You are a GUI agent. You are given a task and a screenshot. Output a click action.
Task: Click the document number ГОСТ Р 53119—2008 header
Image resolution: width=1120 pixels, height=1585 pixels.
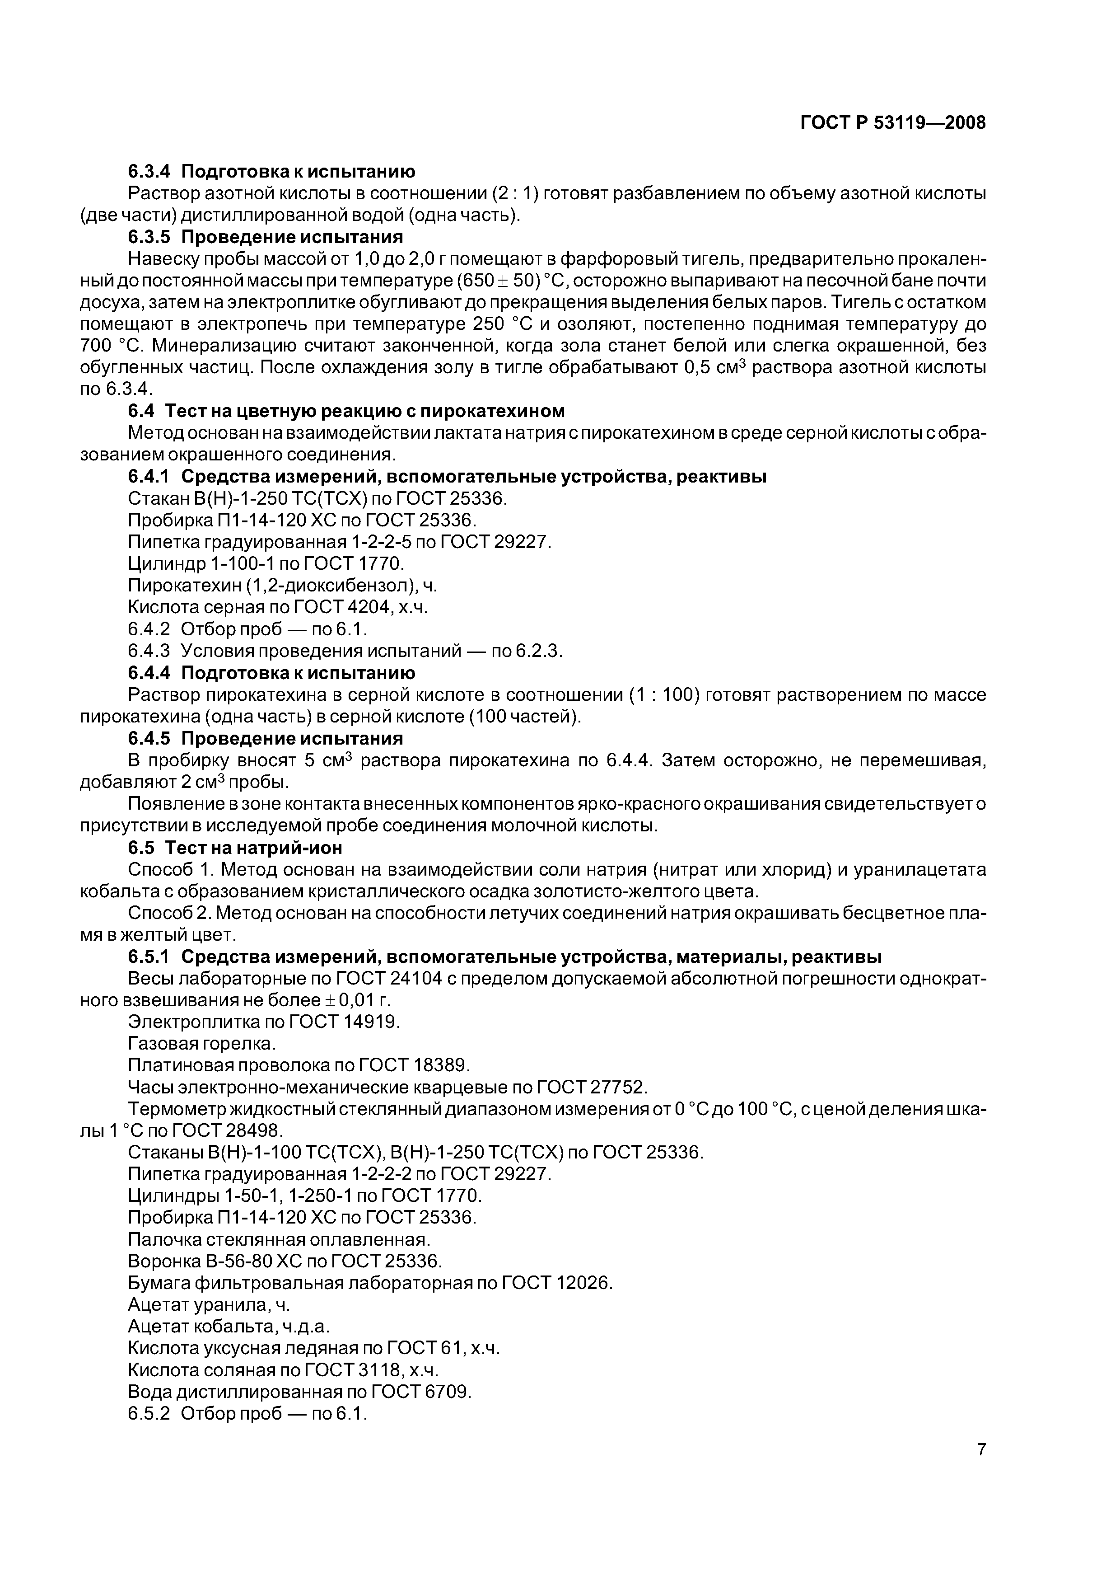coord(893,123)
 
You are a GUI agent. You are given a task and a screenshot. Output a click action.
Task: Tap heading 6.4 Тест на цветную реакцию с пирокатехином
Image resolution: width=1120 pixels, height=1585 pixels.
coord(346,411)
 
